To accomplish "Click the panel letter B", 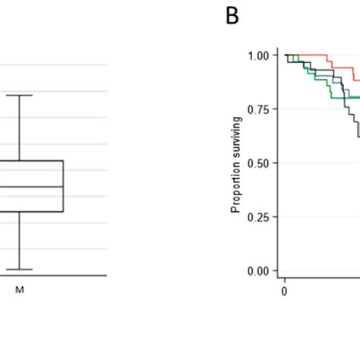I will [x=232, y=16].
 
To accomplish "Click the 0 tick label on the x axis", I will [x=284, y=289].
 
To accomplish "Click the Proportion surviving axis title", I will [x=237, y=164].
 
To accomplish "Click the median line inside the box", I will [x=30, y=187].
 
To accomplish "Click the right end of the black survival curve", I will [x=358, y=135].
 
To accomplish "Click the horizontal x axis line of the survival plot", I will [x=319, y=276].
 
